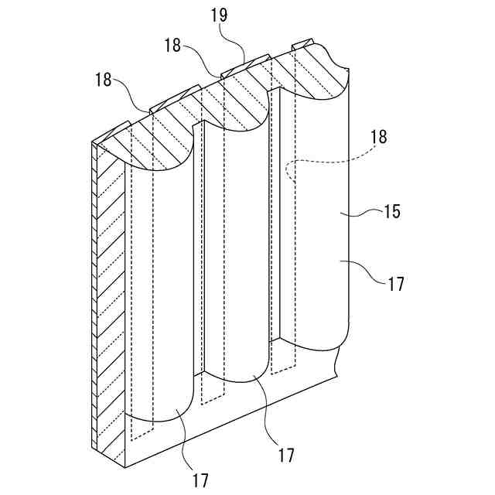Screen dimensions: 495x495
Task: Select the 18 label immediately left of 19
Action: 172,46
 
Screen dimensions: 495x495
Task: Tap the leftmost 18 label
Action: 103,80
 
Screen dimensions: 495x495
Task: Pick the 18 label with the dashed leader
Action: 380,138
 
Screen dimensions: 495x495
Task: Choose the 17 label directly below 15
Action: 395,284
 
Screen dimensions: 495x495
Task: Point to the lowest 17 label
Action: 200,480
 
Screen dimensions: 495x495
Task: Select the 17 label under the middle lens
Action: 285,455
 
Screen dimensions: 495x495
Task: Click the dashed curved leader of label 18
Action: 325,162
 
